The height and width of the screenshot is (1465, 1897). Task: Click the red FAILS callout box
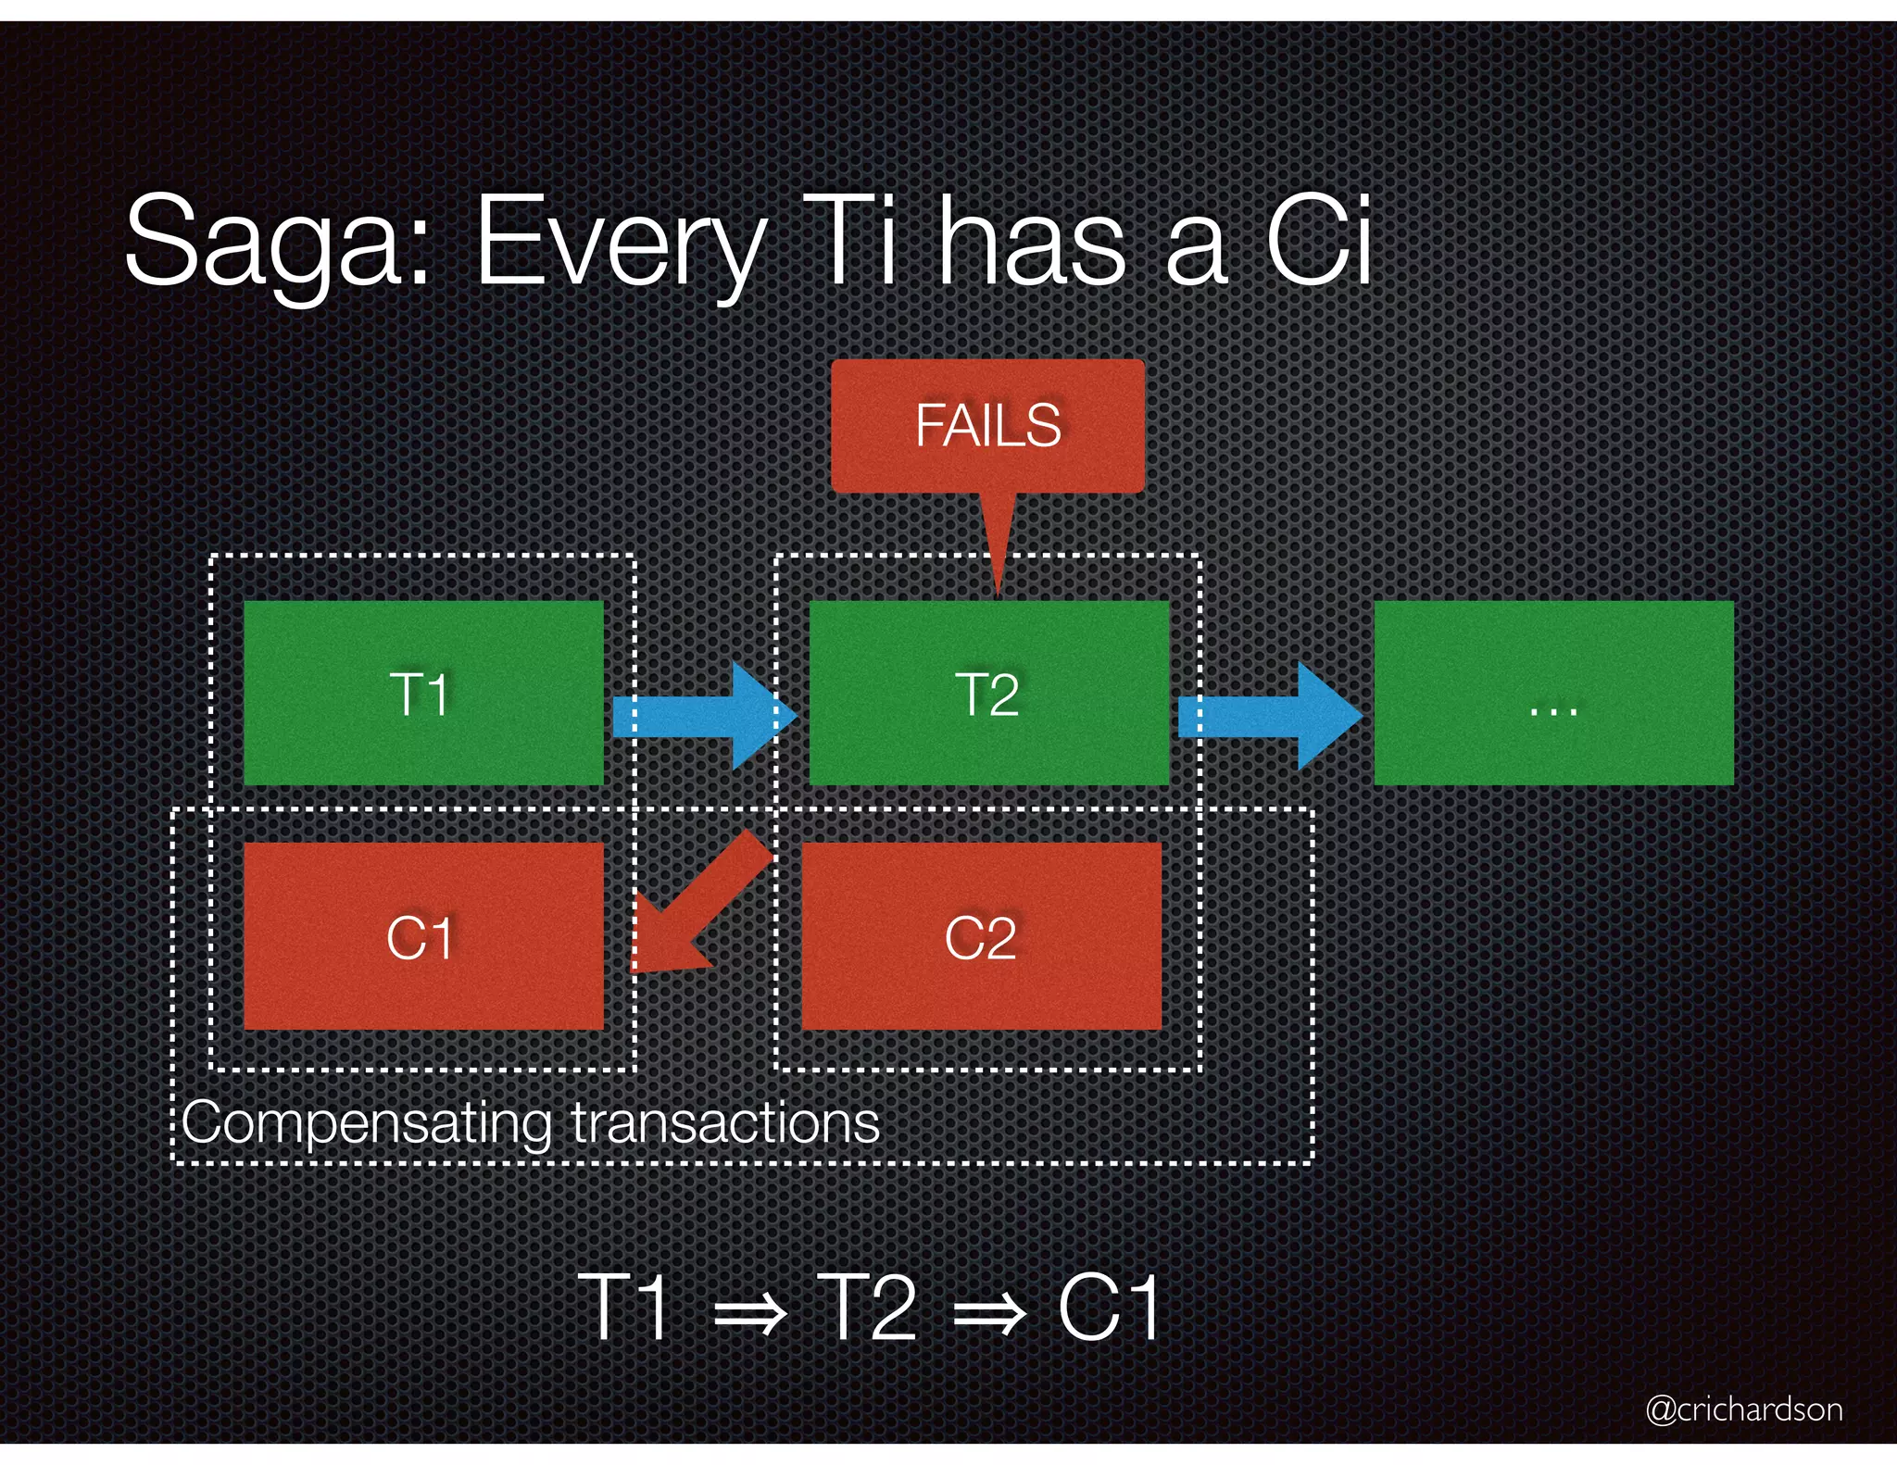pyautogui.click(x=987, y=426)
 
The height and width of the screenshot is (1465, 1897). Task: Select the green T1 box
pyautogui.click(x=423, y=693)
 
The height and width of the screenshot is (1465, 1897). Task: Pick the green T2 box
pyautogui.click(x=988, y=693)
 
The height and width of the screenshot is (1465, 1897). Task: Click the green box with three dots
pyautogui.click(x=1553, y=693)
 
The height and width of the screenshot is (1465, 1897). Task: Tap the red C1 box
pyautogui.click(x=423, y=935)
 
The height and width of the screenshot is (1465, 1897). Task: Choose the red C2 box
pyautogui.click(x=981, y=935)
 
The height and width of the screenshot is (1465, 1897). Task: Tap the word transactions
pyautogui.click(x=725, y=1123)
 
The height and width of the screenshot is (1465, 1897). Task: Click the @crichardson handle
pyautogui.click(x=1743, y=1409)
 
